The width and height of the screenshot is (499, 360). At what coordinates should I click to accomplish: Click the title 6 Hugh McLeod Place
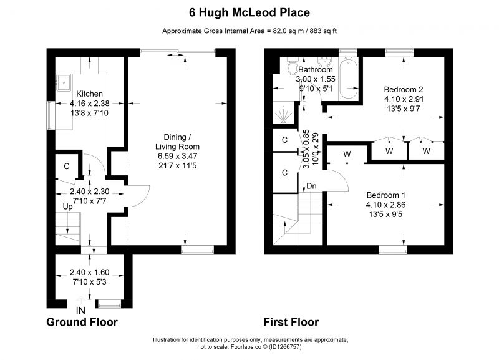click(x=249, y=12)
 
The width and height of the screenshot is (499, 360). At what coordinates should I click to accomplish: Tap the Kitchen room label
click(x=89, y=94)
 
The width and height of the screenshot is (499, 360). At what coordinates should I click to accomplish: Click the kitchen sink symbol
click(x=64, y=82)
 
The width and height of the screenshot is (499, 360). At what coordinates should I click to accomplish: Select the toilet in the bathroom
click(x=291, y=67)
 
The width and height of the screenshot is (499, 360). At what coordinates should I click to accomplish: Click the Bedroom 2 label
click(x=404, y=89)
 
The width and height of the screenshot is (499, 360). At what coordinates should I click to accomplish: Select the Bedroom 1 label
click(x=386, y=195)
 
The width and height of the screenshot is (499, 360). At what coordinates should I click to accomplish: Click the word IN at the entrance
click(x=80, y=310)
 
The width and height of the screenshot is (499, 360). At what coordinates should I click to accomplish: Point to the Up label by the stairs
click(x=67, y=207)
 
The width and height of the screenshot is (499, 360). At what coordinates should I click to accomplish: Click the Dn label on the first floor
click(x=311, y=186)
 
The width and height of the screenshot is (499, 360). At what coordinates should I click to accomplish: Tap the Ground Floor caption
click(x=82, y=322)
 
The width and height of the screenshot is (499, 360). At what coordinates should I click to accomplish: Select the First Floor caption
click(x=291, y=322)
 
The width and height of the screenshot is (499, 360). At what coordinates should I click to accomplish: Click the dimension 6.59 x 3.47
click(x=177, y=156)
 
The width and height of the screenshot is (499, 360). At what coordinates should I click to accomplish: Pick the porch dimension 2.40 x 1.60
click(x=89, y=272)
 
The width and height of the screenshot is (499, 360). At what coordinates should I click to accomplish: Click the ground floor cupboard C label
click(x=67, y=167)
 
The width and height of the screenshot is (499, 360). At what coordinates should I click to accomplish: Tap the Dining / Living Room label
click(x=177, y=142)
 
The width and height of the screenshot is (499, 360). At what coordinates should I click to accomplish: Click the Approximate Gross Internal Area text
click(x=249, y=31)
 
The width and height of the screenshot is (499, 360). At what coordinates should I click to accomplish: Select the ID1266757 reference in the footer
click(x=285, y=347)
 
